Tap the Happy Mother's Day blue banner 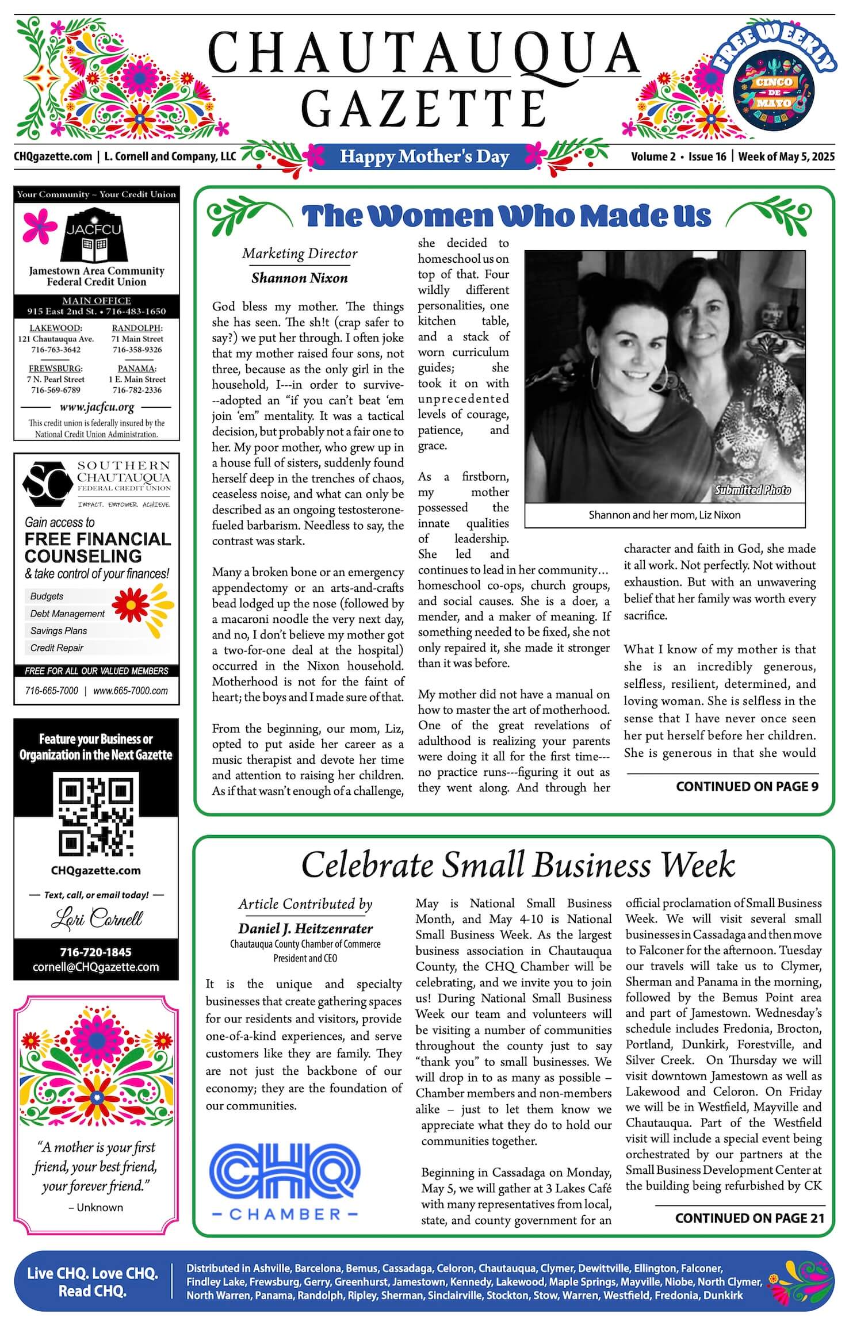pyautogui.click(x=424, y=156)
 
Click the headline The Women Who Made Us pyautogui.click(x=507, y=216)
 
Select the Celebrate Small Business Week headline pyautogui.click(x=518, y=865)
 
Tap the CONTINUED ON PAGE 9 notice pyautogui.click(x=747, y=786)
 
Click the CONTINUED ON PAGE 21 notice pyautogui.click(x=749, y=1218)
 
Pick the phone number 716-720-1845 pyautogui.click(x=96, y=952)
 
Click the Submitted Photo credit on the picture pyautogui.click(x=752, y=490)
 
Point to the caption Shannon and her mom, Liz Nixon pyautogui.click(x=664, y=515)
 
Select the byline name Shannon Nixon pyautogui.click(x=299, y=278)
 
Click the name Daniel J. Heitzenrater pyautogui.click(x=305, y=928)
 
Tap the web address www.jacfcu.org pyautogui.click(x=97, y=407)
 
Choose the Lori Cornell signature pyautogui.click(x=96, y=918)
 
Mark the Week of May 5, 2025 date pyautogui.click(x=786, y=156)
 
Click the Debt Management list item pyautogui.click(x=67, y=614)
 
